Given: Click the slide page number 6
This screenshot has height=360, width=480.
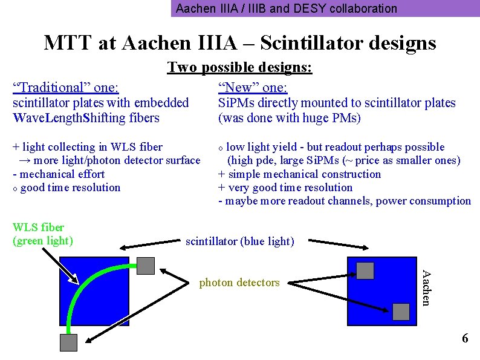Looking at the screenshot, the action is click(x=464, y=338).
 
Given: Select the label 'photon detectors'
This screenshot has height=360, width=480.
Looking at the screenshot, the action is click(x=239, y=283).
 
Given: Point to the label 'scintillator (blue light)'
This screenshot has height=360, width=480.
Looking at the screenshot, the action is click(x=239, y=241).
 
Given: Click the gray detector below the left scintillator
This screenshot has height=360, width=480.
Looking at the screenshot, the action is click(x=68, y=342).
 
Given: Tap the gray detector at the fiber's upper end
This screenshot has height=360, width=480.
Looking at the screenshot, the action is click(x=146, y=266).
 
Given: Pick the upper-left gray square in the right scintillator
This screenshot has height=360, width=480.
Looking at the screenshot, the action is click(x=365, y=270).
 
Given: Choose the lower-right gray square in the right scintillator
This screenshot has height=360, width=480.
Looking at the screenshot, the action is click(x=401, y=311).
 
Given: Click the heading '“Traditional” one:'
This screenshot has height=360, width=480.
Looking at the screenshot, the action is click(x=66, y=87).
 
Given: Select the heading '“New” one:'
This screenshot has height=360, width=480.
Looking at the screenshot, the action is click(x=253, y=87).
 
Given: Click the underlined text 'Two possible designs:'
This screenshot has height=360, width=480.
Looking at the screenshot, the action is click(x=239, y=67).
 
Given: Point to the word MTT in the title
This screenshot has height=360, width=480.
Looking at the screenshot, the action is click(x=65, y=43).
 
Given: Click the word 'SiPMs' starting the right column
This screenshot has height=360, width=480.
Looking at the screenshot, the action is click(x=235, y=103).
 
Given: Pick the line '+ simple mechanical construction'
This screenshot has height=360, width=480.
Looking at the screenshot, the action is click(x=299, y=174).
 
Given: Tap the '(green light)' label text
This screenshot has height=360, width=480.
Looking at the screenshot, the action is click(x=42, y=241).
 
